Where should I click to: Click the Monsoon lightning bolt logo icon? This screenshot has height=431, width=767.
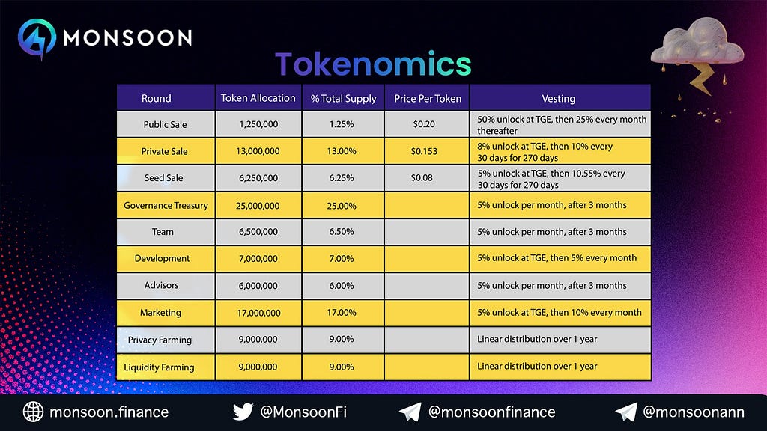37,39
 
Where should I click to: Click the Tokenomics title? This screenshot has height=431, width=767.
373,64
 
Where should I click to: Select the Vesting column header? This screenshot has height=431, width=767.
559,98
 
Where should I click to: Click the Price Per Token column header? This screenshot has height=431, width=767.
428,98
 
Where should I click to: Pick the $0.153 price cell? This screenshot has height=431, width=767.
424,151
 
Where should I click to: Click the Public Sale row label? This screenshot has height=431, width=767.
165,125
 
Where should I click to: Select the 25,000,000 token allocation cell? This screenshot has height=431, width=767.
258,206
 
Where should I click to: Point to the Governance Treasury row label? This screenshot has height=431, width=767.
166,205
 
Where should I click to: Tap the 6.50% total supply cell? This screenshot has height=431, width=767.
342,232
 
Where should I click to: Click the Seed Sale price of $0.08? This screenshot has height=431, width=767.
422,178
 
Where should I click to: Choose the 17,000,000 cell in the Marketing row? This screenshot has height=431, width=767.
258,313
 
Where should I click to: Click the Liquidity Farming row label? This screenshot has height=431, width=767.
159,367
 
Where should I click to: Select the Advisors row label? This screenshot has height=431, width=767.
162,285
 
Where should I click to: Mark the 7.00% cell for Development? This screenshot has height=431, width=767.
342,258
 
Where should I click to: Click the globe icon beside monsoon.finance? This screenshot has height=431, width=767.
33,412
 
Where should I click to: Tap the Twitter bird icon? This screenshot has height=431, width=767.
243,412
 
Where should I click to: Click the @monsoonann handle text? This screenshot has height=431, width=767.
694,412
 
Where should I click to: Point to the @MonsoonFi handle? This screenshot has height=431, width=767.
303,412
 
